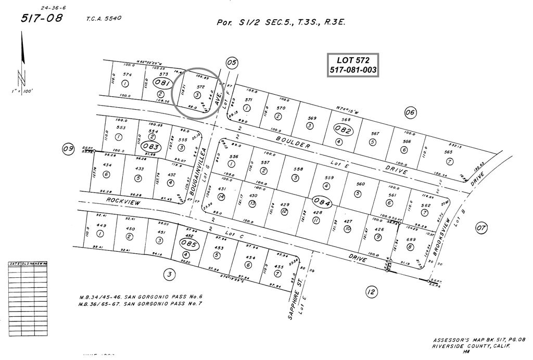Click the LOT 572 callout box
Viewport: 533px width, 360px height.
coord(352,65)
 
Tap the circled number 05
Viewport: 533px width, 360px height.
coord(232,63)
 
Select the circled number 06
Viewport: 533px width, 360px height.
coord(410,112)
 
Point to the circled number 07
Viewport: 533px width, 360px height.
coord(481,227)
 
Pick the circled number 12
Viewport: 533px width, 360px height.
coord(371,292)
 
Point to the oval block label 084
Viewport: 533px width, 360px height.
coord(322,202)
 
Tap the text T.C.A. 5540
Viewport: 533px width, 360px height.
coord(104,19)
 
